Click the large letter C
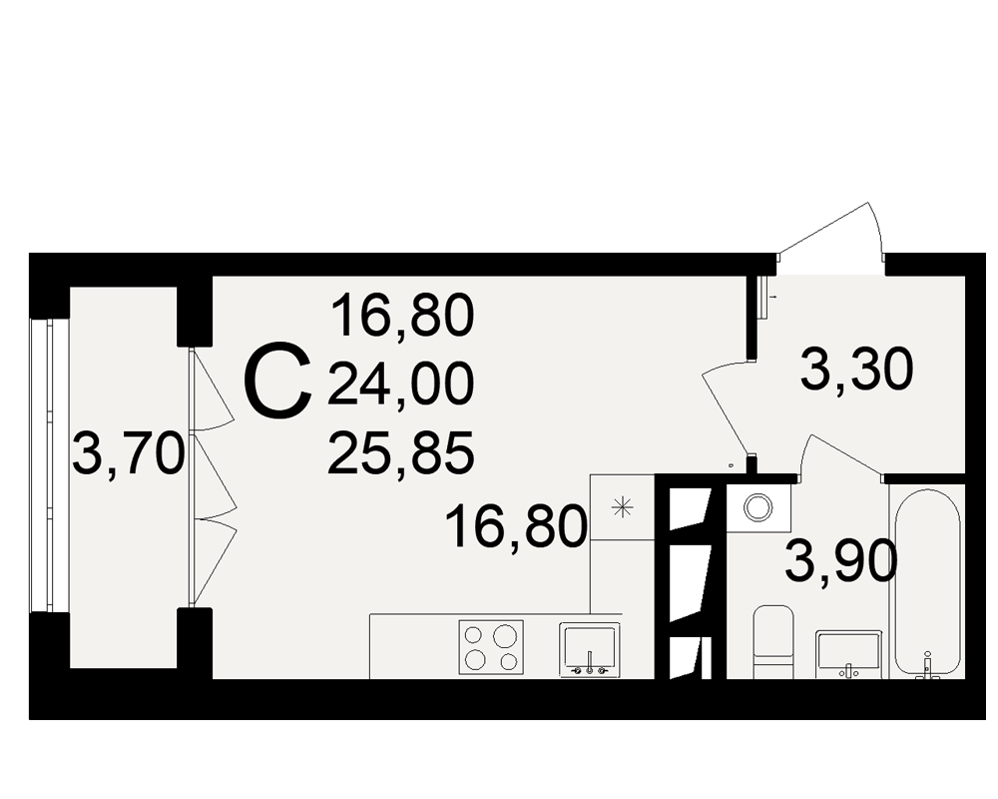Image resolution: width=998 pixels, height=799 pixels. click(279, 381)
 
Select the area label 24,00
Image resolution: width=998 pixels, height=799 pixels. click(401, 384)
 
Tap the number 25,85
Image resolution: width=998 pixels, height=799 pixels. click(401, 453)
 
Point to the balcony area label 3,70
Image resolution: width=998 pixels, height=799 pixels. click(129, 453)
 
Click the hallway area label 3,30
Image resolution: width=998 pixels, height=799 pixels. click(856, 370)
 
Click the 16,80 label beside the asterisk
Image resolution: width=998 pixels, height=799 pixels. click(516, 526)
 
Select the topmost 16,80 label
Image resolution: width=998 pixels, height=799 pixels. click(403, 316)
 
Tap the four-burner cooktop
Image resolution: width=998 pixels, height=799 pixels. click(491, 647)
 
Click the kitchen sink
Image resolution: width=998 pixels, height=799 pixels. click(590, 649)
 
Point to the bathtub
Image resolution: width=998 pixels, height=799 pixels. click(927, 583)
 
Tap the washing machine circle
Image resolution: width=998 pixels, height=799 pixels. click(758, 507)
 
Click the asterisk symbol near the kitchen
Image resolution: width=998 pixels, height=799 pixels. click(623, 507)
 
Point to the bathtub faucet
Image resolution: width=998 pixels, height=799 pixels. click(927, 666)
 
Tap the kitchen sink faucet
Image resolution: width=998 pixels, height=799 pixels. click(590, 662)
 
